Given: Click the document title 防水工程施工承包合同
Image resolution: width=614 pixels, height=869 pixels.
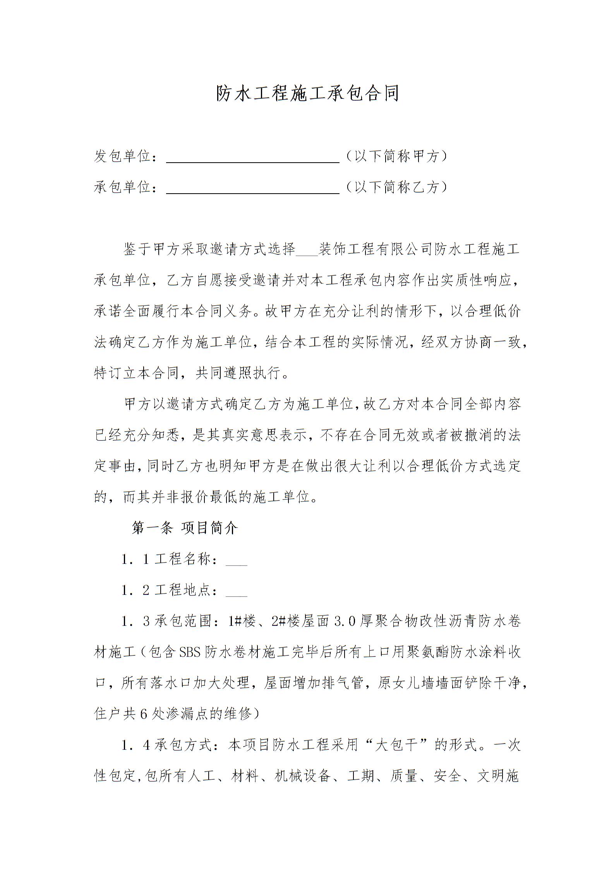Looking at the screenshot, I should click(307, 94).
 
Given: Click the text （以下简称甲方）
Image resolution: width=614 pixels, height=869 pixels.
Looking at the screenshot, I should click(396, 156).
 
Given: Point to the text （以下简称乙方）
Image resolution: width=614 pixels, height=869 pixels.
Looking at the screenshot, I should click(396, 187).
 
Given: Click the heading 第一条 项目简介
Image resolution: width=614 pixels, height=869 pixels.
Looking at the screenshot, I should click(185, 528).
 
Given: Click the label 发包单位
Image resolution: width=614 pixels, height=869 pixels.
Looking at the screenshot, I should click(122, 156).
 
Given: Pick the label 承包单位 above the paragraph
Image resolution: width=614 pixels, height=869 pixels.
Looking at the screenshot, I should click(122, 187).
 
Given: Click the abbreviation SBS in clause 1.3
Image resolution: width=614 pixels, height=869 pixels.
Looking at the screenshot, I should click(189, 652).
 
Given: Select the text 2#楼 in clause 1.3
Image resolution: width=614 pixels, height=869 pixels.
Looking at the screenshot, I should click(286, 621).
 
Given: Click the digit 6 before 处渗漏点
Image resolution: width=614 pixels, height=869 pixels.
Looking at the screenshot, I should click(144, 714).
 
